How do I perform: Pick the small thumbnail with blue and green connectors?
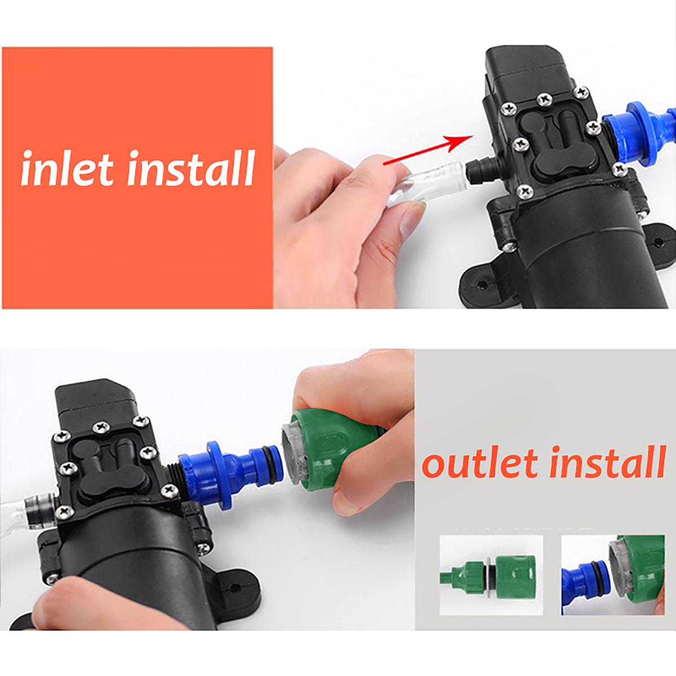pos(613,575)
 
